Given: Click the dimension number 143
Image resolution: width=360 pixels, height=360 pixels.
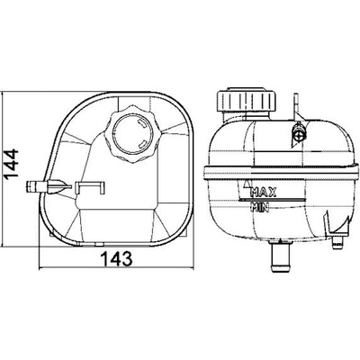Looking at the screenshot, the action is tap(116, 258).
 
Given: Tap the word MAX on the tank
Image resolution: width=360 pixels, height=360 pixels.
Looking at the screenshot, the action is tap(264, 192).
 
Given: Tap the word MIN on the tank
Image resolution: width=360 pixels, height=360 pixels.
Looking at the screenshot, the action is tap(260, 207).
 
